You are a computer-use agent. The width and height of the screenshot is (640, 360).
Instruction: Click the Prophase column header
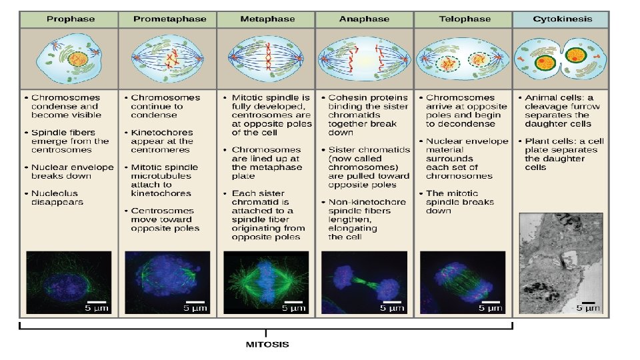tap(69, 19)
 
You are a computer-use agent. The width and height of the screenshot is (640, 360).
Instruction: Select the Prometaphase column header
tap(167, 19)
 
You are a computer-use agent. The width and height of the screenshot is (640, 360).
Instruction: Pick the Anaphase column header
tap(364, 19)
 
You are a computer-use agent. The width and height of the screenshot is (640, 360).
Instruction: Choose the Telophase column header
tap(463, 19)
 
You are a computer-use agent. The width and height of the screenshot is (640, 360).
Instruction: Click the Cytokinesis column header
tap(561, 19)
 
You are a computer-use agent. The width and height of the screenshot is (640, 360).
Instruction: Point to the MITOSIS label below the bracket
tap(267, 345)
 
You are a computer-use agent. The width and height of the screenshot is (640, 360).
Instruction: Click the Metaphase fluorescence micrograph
tap(266, 282)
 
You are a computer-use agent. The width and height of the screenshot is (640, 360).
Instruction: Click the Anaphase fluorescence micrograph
tap(364, 282)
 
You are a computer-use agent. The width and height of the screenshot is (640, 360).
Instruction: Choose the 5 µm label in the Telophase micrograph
tap(492, 309)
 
